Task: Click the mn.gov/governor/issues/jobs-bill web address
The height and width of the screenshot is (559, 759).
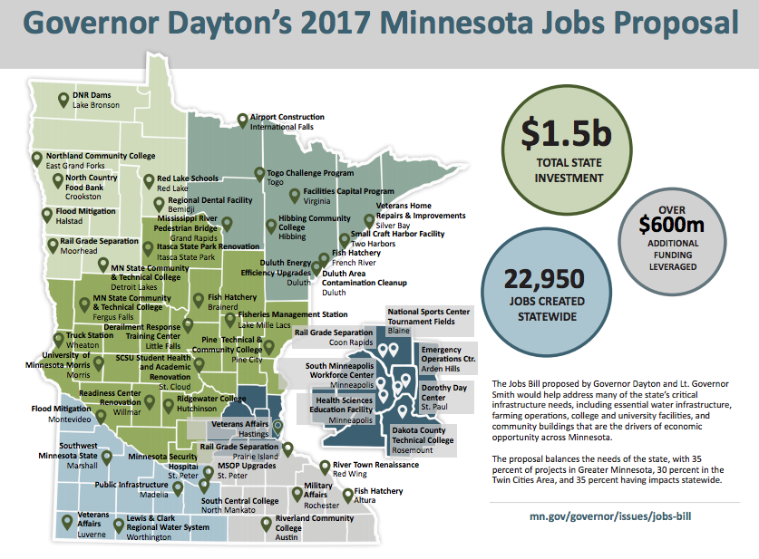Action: (618, 516)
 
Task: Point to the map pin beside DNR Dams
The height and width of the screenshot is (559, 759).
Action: (63, 99)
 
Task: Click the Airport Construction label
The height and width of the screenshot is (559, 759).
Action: (287, 118)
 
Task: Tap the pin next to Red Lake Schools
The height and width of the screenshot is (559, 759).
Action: (148, 180)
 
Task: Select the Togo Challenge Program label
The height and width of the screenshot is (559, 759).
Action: (309, 172)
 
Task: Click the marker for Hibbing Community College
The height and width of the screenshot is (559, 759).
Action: (270, 226)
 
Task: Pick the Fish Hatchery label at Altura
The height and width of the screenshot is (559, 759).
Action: (378, 491)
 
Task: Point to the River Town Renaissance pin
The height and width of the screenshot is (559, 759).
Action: (325, 467)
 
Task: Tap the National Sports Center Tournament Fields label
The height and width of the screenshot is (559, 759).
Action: (428, 317)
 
